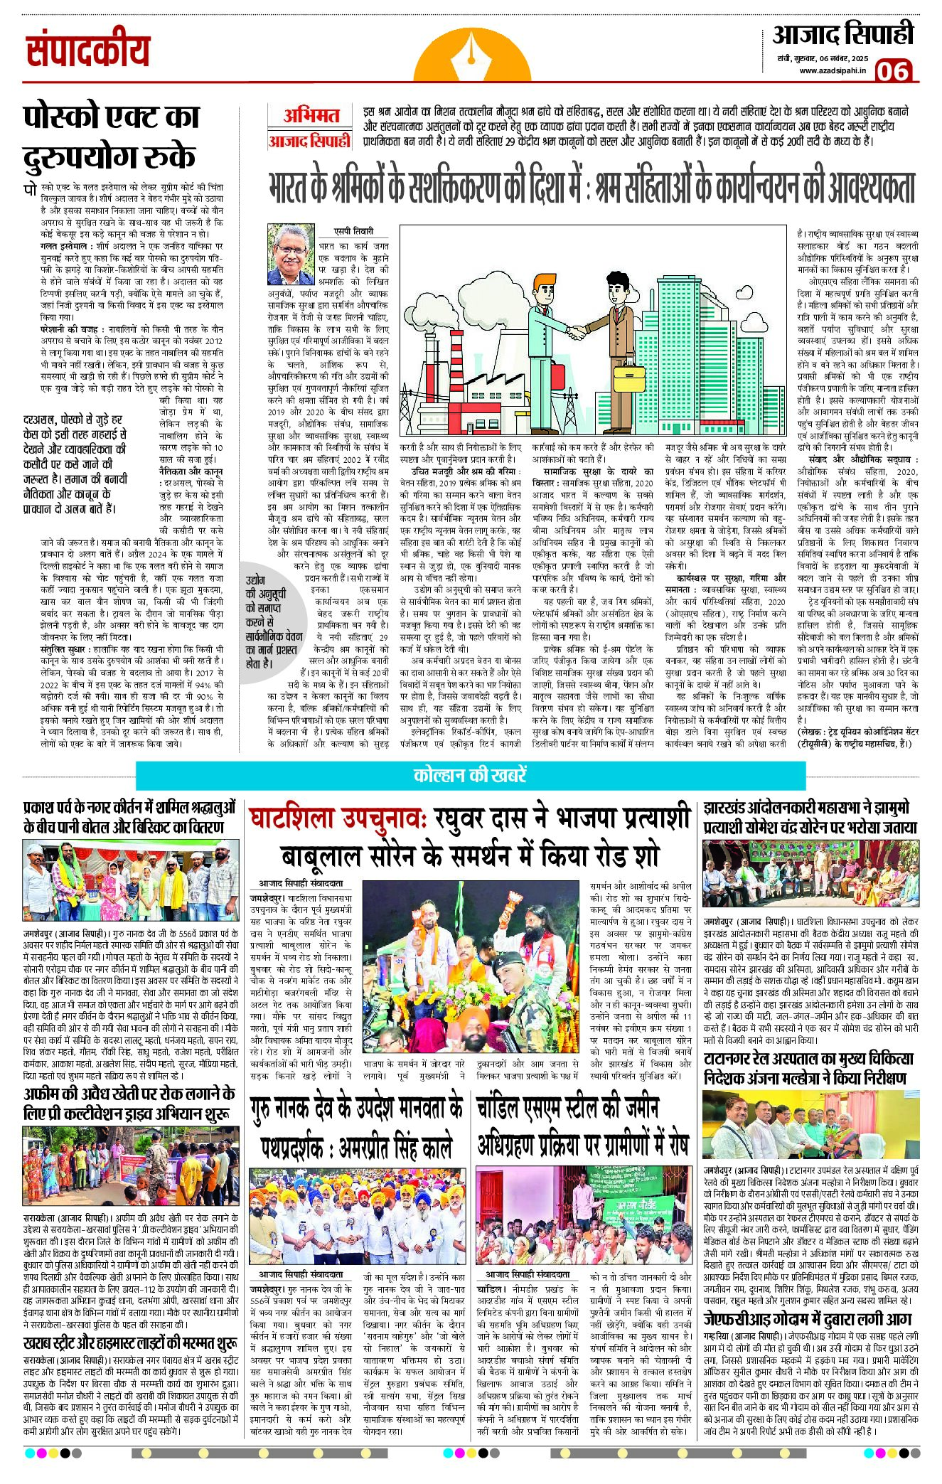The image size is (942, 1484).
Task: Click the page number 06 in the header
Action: click(893, 71)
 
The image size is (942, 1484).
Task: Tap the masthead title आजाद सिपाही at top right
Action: click(842, 35)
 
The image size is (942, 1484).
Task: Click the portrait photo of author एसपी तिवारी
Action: click(291, 254)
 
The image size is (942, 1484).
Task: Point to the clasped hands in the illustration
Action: click(577, 331)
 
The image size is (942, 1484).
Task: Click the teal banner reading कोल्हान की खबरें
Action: click(470, 775)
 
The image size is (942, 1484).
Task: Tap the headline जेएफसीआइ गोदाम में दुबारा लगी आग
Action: click(808, 1318)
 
